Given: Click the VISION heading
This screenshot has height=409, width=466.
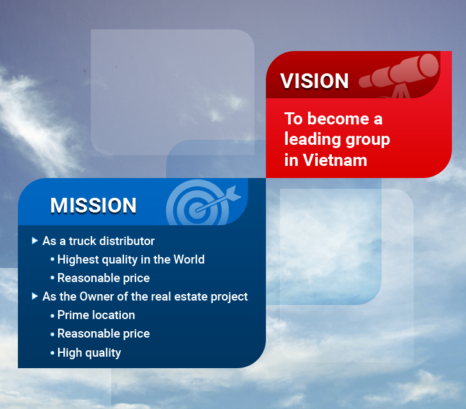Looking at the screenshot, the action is (314, 80).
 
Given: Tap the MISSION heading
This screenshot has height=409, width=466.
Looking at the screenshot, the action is (93, 205).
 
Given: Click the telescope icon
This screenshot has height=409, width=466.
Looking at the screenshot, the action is (399, 75).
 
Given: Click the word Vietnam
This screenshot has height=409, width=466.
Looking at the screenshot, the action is (335, 160).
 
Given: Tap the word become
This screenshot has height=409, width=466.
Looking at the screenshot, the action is (338, 119).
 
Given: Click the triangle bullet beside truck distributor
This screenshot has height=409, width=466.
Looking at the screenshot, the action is (35, 241).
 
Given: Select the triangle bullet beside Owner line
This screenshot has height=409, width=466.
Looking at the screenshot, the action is (35, 296).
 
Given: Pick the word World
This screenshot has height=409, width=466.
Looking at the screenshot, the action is (189, 260).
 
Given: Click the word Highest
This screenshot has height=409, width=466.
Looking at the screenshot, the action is (78, 260).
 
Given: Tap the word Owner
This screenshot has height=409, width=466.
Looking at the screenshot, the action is (95, 297).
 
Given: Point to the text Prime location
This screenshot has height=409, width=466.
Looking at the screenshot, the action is (96, 315).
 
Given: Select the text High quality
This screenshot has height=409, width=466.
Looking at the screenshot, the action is (89, 353).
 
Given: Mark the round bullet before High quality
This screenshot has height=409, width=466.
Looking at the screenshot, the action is (52, 353).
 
